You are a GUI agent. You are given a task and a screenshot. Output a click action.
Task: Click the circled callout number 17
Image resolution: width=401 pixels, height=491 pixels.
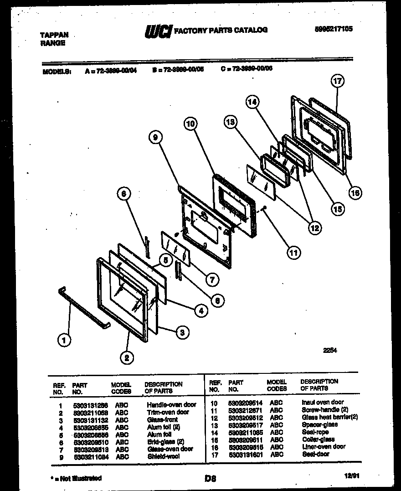[x=337, y=82]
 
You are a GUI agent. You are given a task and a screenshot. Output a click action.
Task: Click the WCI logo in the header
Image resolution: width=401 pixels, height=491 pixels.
[x=158, y=31]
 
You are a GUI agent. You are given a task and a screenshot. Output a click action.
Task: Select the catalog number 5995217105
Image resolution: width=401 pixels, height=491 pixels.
[x=334, y=28]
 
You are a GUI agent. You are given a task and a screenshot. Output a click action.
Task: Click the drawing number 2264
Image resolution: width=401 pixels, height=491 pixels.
[x=331, y=351]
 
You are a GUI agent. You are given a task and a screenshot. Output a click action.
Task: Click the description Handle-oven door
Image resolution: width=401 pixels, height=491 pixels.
[x=171, y=404]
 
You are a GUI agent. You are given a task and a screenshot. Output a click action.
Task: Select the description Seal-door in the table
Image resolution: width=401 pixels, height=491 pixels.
[x=315, y=454]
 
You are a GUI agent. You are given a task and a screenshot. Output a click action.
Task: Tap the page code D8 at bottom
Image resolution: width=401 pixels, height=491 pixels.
[x=210, y=479]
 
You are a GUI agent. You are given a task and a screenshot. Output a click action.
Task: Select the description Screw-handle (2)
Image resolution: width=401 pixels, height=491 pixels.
[x=324, y=409]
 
